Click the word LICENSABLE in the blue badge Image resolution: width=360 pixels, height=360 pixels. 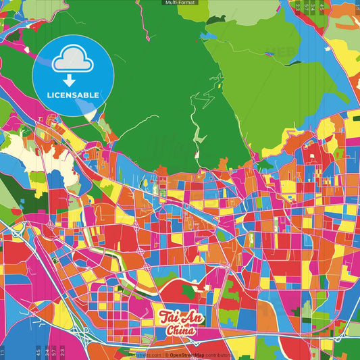(72, 95)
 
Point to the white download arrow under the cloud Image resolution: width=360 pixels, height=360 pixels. (72, 80)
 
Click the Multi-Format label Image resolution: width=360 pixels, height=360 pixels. (180, 3)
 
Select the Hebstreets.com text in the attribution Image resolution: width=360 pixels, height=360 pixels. (144, 355)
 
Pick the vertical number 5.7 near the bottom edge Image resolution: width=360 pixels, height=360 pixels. (54, 351)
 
